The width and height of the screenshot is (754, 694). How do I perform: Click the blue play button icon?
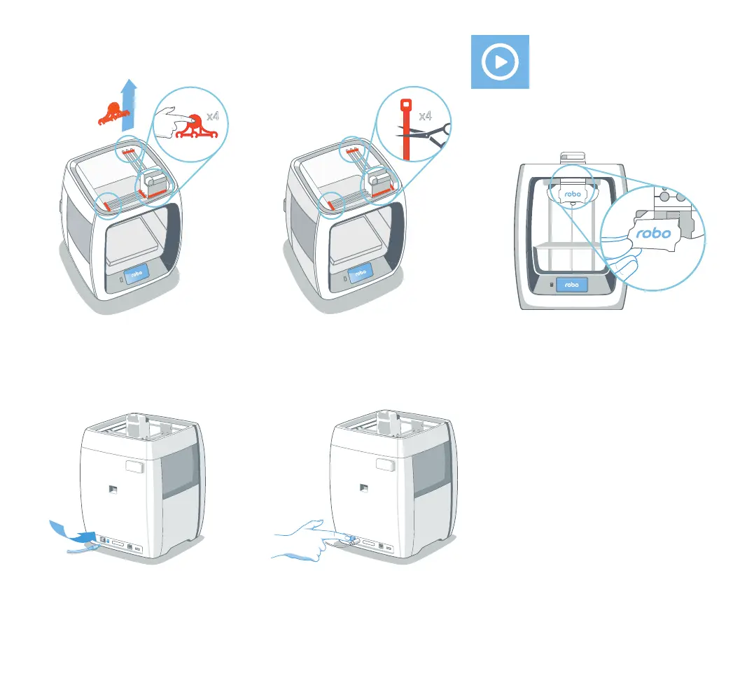tap(499, 62)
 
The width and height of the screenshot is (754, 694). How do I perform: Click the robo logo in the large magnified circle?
tap(650, 234)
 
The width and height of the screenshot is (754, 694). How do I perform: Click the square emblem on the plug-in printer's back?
tap(111, 490)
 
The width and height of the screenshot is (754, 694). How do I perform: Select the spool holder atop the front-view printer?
tap(573, 158)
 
